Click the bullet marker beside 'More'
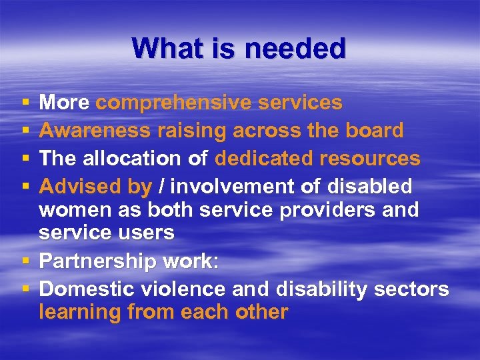(25, 103)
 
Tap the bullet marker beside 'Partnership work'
(25, 261)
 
